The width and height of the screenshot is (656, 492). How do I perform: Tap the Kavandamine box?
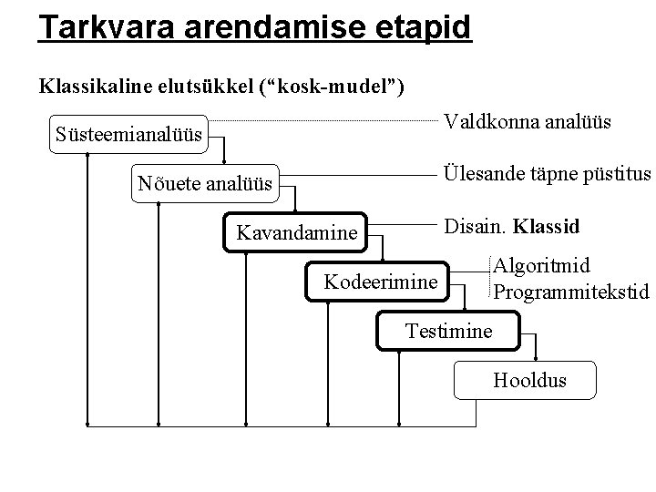297,233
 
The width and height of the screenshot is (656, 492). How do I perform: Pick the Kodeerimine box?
381,282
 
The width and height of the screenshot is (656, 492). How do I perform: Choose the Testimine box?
447,331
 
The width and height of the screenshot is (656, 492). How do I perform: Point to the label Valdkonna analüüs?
527,121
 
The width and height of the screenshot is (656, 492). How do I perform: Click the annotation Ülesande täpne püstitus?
547,173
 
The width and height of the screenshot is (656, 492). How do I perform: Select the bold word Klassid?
548,224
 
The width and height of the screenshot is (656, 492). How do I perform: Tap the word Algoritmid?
541,266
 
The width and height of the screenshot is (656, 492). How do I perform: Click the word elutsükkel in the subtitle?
210,87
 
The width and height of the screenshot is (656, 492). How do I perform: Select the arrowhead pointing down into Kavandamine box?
296,212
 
